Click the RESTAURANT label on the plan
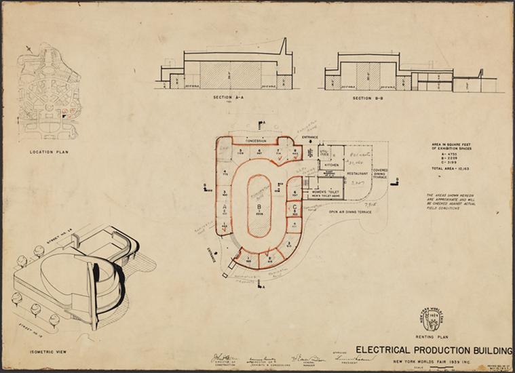tap(357, 173)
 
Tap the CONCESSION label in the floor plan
tap(256, 140)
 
